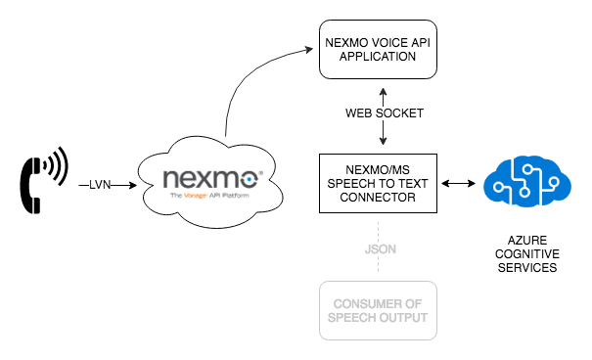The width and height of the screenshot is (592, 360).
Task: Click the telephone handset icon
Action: pos(31,181)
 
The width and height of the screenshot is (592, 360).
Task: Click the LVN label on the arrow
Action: pos(100,182)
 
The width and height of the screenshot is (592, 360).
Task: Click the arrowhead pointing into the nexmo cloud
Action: pos(130,182)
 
